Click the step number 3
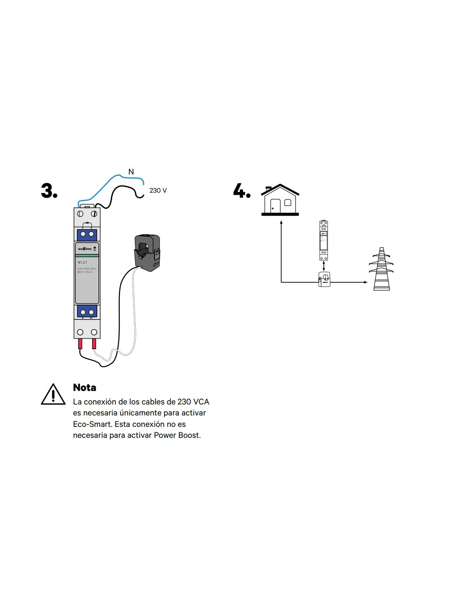coord(49,191)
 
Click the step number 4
coord(241,191)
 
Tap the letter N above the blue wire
coord(131,172)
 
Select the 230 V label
coord(158,191)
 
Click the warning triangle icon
coord(53,394)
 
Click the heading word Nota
coord(85,388)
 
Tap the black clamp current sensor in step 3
coord(147,252)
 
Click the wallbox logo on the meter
coord(85,249)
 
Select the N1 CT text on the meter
coord(82,262)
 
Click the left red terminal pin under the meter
coord(80,344)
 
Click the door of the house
coord(275,206)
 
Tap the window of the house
coord(288,202)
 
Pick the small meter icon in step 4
coord(323,240)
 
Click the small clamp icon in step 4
coord(324,279)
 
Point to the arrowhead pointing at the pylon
coord(365,282)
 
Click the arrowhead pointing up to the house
coord(281,222)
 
